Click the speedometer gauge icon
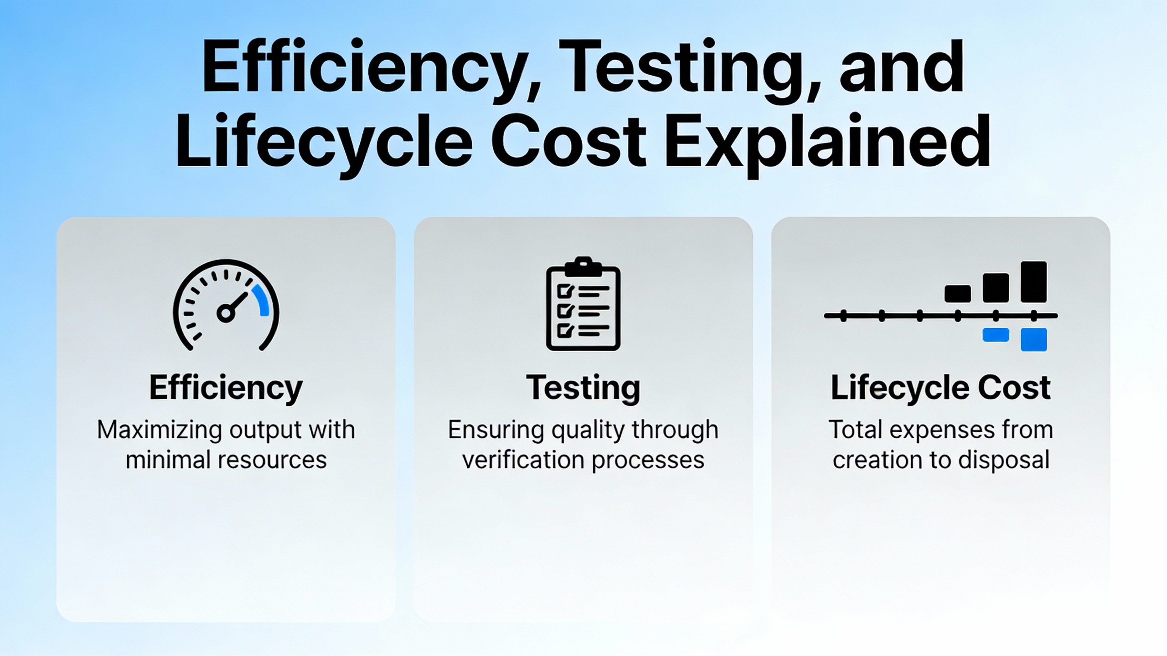tap(226, 305)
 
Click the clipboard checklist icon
tap(583, 303)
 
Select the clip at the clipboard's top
tap(583, 266)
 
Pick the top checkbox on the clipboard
tap(565, 291)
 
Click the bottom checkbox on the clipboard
tap(565, 330)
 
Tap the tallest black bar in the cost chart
tap(1033, 282)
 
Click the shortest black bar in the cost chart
tap(958, 294)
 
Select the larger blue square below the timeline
tap(1033, 340)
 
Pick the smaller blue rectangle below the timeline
tap(996, 335)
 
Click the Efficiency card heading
tap(226, 388)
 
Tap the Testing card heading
tap(583, 388)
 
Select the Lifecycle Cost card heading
tap(940, 388)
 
